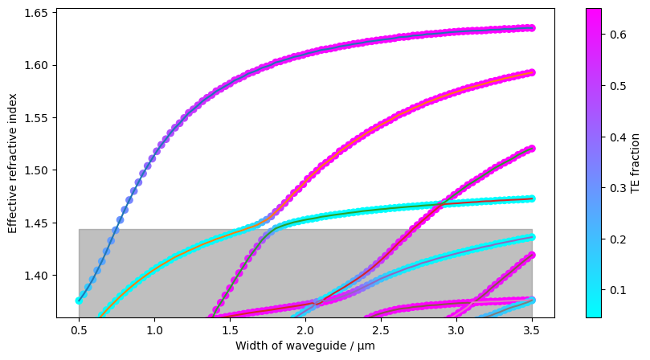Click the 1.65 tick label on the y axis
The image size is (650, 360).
tap(37, 13)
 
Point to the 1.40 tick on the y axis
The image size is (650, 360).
tap(37, 276)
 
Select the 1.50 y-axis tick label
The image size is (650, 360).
tap(37, 170)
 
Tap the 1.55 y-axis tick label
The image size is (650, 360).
tap(37, 118)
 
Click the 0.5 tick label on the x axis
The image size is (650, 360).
tap(79, 329)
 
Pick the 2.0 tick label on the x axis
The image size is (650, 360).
tap(305, 329)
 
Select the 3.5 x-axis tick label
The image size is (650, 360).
tap(532, 329)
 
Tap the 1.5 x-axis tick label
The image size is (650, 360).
tap(230, 329)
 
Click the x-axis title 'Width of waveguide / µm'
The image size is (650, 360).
tap(305, 346)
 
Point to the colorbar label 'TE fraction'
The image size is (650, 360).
tap(636, 164)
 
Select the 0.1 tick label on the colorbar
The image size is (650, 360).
tap(615, 289)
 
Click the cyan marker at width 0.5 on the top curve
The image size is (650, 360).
tap(79, 301)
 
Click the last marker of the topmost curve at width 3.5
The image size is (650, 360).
tap(532, 28)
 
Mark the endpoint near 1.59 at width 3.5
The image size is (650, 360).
tap(532, 72)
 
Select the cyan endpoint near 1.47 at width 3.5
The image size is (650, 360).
tap(532, 198)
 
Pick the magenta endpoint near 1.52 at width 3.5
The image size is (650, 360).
tap(532, 149)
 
